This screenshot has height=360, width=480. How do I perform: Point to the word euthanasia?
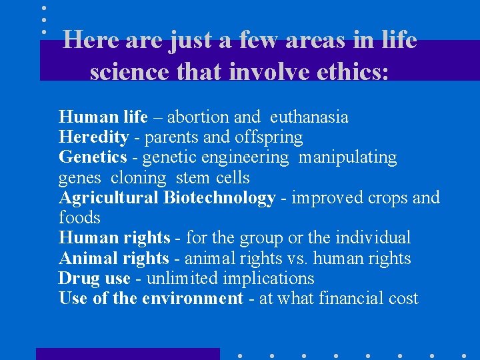point(309,117)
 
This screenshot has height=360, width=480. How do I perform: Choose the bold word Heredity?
point(93,138)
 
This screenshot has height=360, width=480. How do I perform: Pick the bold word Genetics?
point(93,158)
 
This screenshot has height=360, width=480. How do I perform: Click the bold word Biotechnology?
point(219,198)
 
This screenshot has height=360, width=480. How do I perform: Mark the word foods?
point(79,218)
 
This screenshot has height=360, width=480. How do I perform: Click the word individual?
point(376,238)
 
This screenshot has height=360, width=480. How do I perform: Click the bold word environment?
point(192,299)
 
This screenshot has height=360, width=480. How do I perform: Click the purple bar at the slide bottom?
point(127,353)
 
